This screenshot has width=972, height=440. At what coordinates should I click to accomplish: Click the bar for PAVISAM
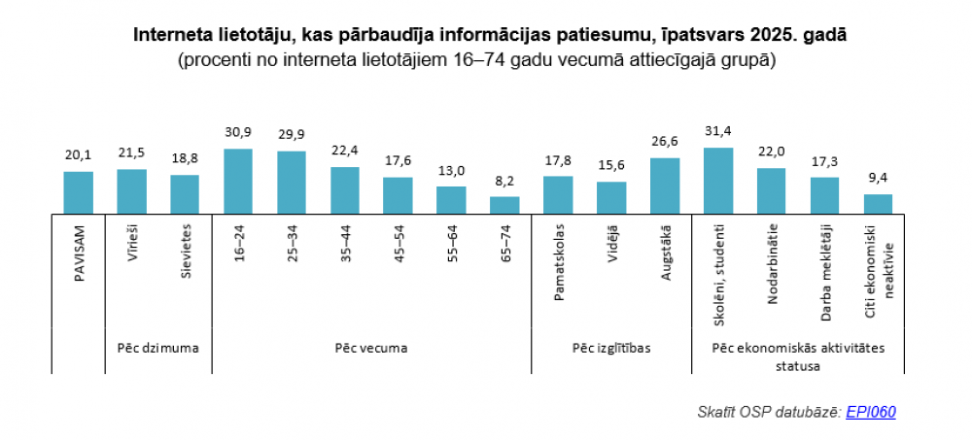click(79, 192)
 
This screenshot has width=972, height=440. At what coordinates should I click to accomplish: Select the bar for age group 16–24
click(238, 181)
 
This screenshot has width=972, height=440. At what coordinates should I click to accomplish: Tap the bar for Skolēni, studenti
click(718, 180)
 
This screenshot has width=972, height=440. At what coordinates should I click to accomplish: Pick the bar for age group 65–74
click(504, 204)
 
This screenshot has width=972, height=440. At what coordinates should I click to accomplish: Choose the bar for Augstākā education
click(665, 185)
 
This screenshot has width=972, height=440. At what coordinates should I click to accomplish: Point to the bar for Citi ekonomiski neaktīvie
click(878, 203)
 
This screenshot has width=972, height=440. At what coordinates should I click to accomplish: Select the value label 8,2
click(504, 182)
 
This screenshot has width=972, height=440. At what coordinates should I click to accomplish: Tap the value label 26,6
click(665, 142)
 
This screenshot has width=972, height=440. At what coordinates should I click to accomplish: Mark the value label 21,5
click(132, 153)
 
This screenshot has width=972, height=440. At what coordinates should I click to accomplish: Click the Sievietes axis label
click(186, 254)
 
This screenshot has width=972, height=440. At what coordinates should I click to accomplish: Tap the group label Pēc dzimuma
click(158, 347)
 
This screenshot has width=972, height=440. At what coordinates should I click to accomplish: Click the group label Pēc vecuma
click(371, 347)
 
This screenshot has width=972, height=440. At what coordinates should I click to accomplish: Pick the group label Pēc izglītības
click(611, 347)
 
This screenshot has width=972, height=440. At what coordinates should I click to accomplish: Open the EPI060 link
click(871, 412)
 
